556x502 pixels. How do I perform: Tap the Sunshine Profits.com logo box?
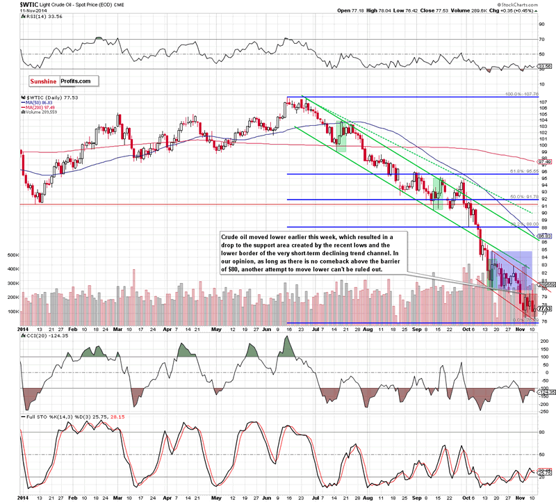pos(55,81)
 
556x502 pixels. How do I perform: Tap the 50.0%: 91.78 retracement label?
pos(521,197)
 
